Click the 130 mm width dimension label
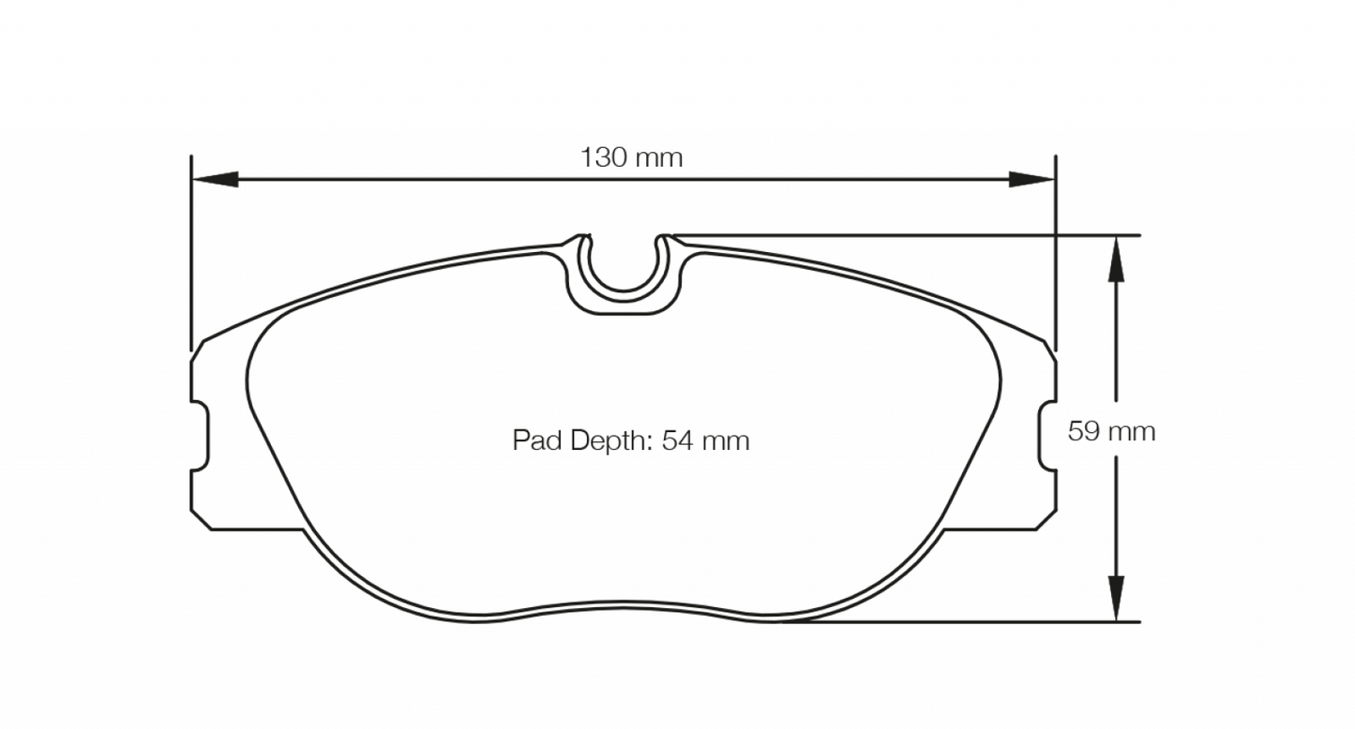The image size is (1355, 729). (x=631, y=157)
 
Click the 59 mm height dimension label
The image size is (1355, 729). (x=1111, y=431)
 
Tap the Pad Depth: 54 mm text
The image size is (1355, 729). (x=630, y=440)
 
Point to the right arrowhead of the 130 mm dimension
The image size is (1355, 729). (x=1031, y=179)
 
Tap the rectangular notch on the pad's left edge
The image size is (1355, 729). (x=201, y=437)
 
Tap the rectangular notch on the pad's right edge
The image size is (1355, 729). (x=1048, y=437)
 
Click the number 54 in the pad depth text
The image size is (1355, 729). (x=677, y=440)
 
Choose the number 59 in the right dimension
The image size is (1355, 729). (x=1085, y=431)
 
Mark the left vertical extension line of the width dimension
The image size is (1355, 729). (x=191, y=253)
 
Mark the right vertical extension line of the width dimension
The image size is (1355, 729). (x=1056, y=253)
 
